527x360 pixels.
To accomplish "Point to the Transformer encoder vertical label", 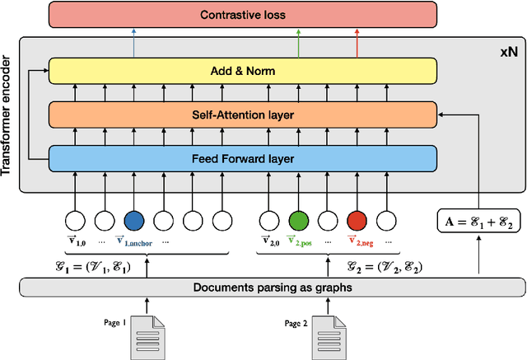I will (x=8, y=115).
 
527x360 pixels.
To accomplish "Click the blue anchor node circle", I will (x=133, y=221).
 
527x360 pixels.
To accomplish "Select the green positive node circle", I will (x=297, y=221).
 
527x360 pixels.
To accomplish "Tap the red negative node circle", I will (x=357, y=221).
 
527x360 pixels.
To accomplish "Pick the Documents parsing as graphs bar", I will (x=272, y=287).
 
